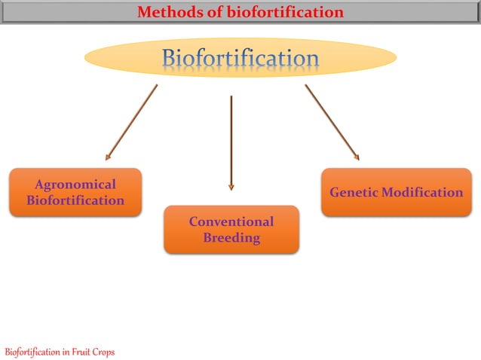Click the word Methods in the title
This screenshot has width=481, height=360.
[165, 12]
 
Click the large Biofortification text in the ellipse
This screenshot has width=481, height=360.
[240, 58]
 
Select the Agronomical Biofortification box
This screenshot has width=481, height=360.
[75, 192]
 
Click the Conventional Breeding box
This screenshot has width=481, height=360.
[231, 230]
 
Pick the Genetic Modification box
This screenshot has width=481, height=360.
[396, 192]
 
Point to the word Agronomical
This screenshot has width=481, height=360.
[75, 185]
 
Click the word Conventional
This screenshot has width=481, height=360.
[231, 221]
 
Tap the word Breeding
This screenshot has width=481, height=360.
[231, 238]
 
